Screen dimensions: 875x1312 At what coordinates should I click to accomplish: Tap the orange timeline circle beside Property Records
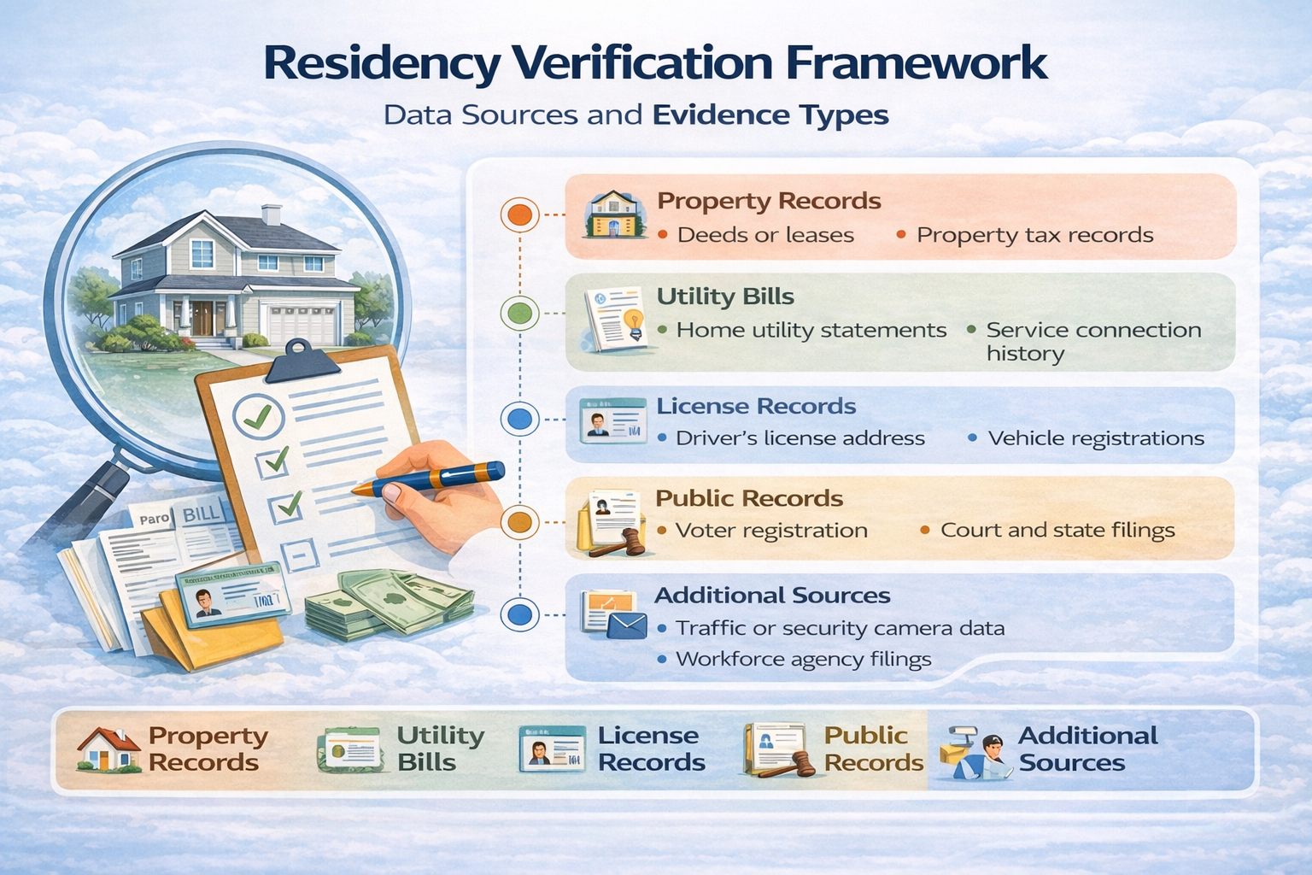coord(519,214)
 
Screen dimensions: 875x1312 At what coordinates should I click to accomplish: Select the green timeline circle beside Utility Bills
coord(519,314)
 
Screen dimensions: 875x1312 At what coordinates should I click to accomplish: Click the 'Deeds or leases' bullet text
coord(765,235)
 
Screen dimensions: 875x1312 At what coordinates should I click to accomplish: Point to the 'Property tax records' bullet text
coord(1034,235)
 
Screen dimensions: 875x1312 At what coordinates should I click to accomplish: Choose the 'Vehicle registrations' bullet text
coord(1096,438)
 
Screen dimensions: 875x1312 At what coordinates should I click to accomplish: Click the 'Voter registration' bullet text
coord(771,531)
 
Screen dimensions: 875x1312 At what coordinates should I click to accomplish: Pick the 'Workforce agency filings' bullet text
coord(803,660)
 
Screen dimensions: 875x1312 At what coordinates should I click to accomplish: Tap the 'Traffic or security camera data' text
coord(840,629)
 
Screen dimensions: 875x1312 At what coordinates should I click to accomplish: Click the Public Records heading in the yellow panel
coord(749,498)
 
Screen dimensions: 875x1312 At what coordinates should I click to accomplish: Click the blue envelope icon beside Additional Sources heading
coord(628,626)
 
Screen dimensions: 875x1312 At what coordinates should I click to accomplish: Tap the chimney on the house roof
coord(272,214)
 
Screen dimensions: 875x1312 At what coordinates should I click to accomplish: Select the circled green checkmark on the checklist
coord(257,416)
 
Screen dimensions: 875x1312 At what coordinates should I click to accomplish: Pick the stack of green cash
coord(389,602)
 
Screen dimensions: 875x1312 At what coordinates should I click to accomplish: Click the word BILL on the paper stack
coord(202,514)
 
